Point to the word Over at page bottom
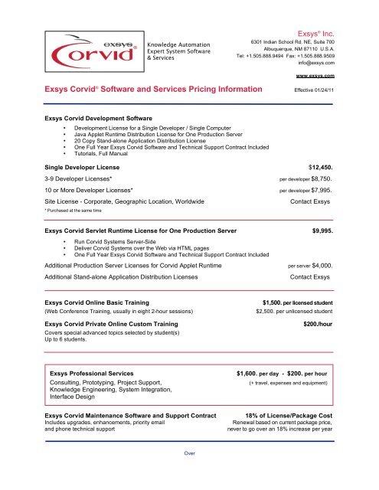point(189,475)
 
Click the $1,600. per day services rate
point(265,373)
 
